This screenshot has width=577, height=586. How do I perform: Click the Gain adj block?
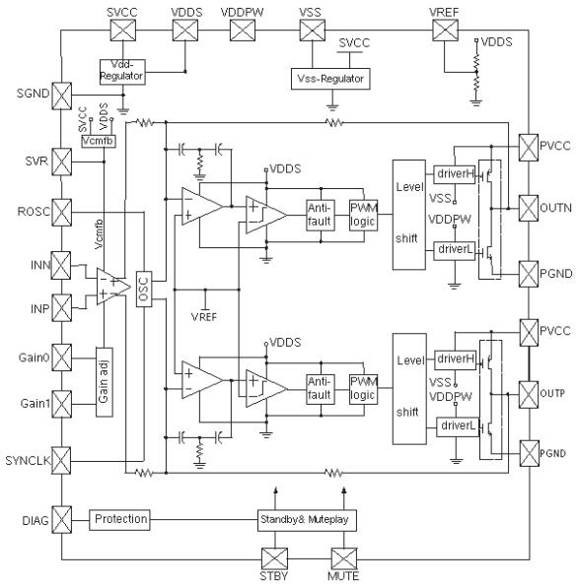107,380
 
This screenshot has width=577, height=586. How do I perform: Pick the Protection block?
120,518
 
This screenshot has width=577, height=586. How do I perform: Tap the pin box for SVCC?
122,31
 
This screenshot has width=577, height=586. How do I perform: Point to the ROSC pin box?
61,211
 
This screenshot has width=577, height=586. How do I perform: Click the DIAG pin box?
61,518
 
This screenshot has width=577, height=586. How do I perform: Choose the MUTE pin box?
344,557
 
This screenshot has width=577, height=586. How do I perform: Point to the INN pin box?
61,264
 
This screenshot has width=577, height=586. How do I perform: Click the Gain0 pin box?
61,355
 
